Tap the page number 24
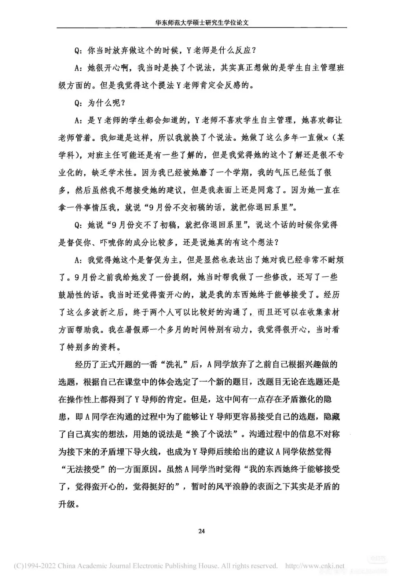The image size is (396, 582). (201, 531)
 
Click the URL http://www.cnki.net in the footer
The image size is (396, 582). (315, 566)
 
